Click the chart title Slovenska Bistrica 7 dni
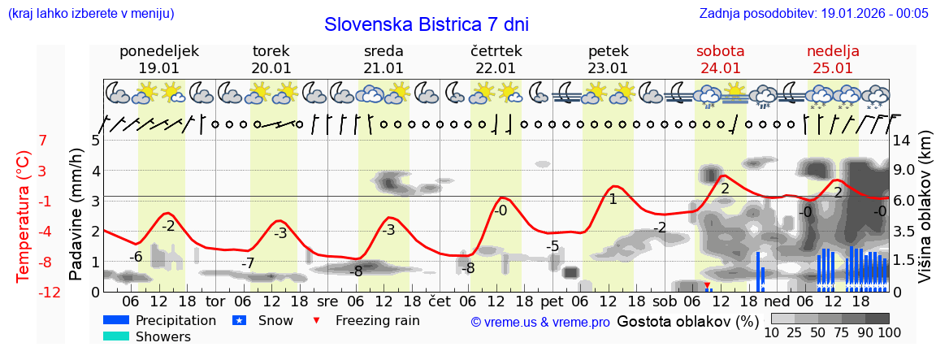pos(426,24)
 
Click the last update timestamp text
pos(813,13)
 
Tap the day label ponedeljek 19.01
pos(158,59)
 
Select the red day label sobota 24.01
pos(720,59)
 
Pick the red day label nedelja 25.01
pos(833,59)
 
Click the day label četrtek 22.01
pos(496,59)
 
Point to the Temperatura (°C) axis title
pos(24,216)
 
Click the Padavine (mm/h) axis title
pos(76,215)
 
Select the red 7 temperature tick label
pos(43,141)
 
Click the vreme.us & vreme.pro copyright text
pos(540,322)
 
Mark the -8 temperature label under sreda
pos(356,271)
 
